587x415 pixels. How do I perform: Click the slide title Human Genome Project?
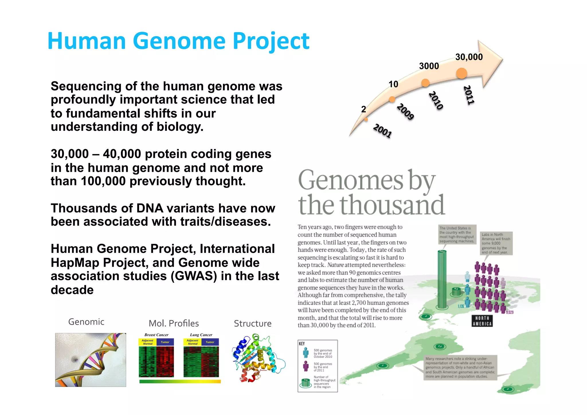pyautogui.click(x=178, y=41)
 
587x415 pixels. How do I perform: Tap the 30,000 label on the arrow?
pyautogui.click(x=469, y=57)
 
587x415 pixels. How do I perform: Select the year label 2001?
pyautogui.click(x=382, y=131)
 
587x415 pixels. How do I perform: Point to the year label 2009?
pyautogui.click(x=405, y=111)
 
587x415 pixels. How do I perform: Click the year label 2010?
pyautogui.click(x=436, y=100)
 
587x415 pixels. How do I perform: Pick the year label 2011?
pyautogui.click(x=469, y=95)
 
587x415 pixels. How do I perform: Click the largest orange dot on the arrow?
pyautogui.click(x=461, y=73)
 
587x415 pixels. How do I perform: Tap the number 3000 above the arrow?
pyautogui.click(x=429, y=66)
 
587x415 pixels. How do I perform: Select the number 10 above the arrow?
pyautogui.click(x=393, y=84)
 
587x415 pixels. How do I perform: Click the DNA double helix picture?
pyautogui.click(x=91, y=360)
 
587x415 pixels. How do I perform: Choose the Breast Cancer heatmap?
pyautogui.click(x=156, y=359)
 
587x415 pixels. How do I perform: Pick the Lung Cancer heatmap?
pyautogui.click(x=201, y=359)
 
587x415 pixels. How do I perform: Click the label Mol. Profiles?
pyautogui.click(x=174, y=324)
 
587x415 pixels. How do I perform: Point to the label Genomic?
pyautogui.click(x=86, y=322)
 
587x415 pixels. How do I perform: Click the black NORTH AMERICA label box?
pyautogui.click(x=482, y=321)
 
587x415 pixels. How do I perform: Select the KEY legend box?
pyautogui.click(x=318, y=366)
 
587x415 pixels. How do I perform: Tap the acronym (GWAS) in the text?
pyautogui.click(x=194, y=276)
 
